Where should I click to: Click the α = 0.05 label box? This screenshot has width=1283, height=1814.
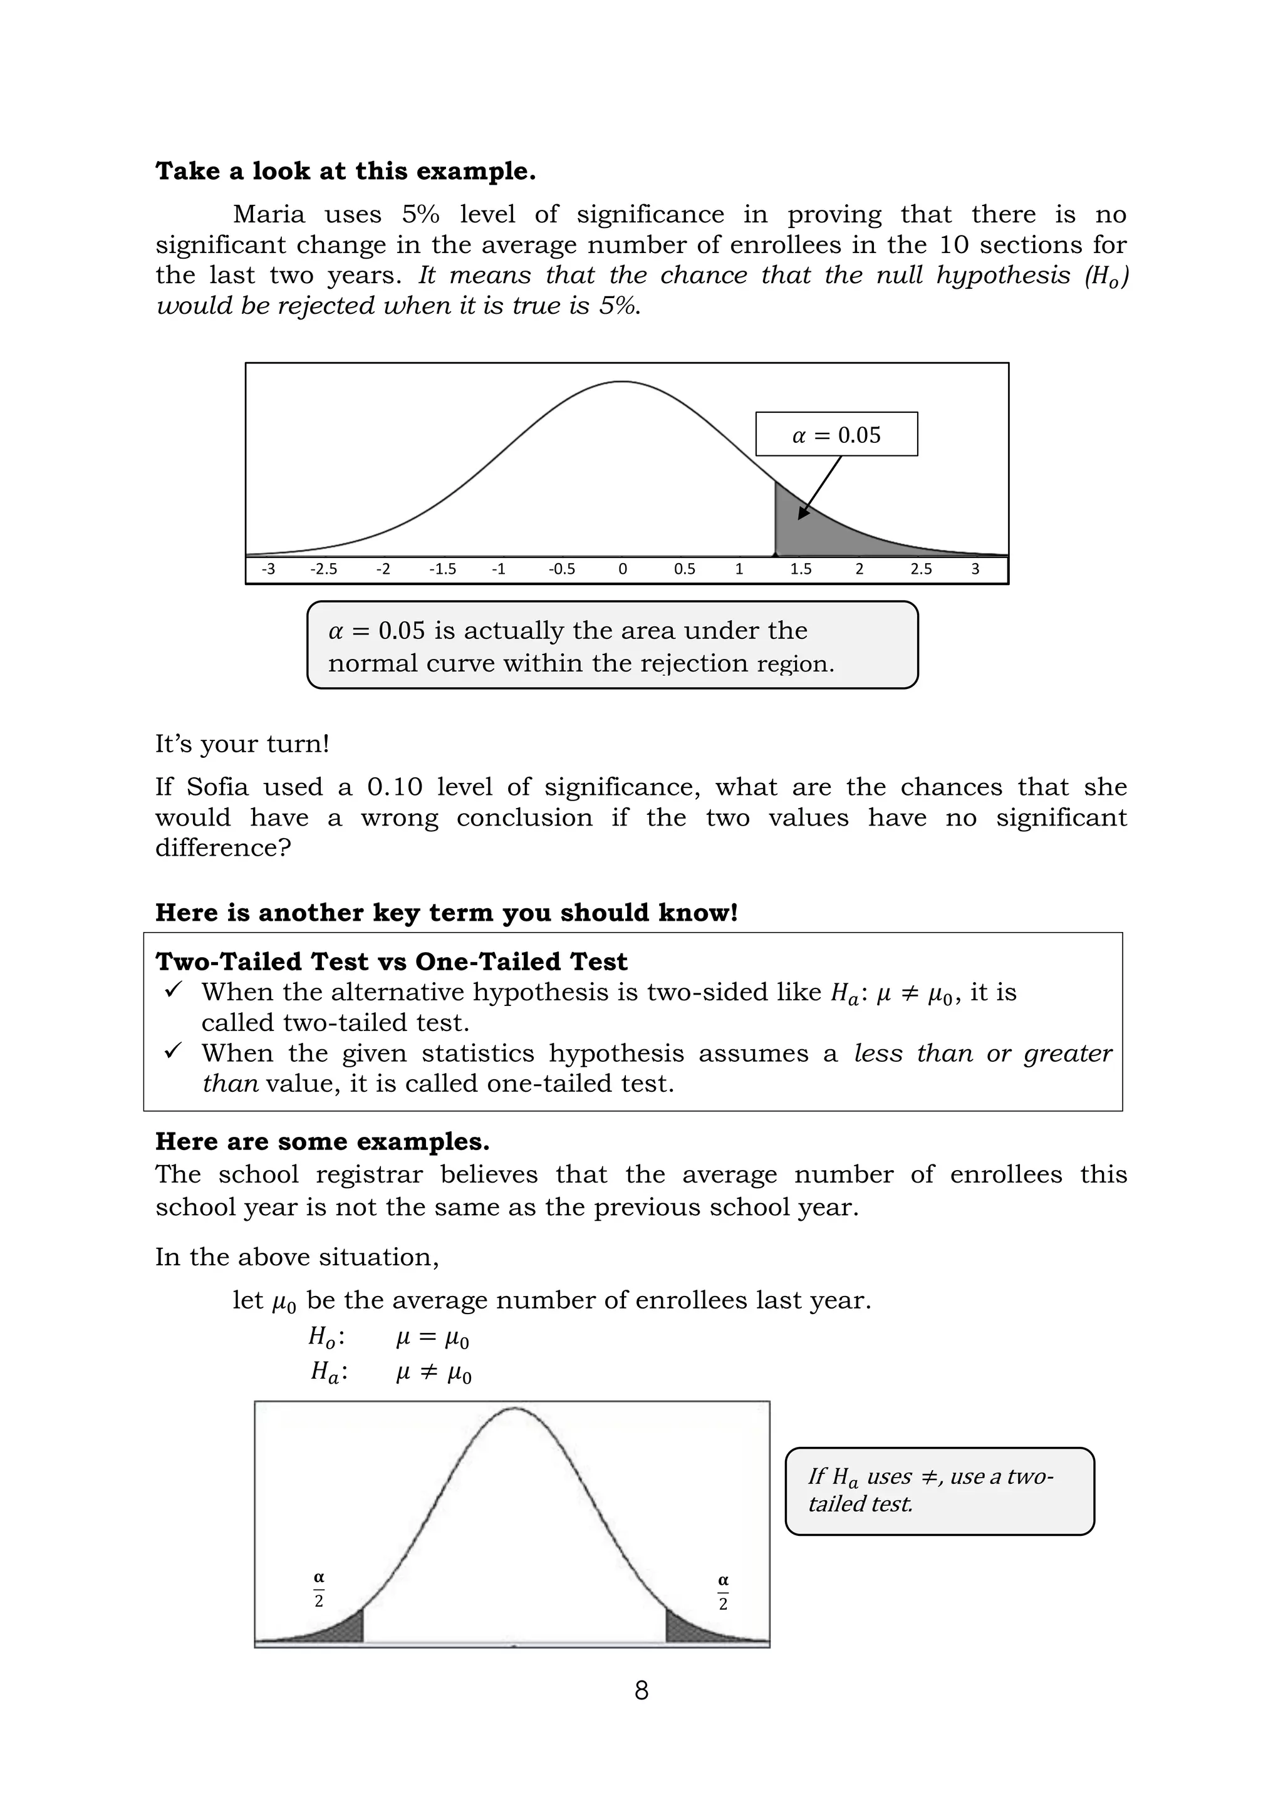[836, 435]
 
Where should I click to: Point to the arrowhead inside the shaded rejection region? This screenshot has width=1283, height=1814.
[803, 514]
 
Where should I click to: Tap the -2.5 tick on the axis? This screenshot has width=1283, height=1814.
[323, 569]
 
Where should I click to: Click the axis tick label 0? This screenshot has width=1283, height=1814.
[623, 569]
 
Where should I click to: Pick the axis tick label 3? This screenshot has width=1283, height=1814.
[975, 569]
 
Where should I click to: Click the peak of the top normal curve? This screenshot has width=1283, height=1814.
[623, 382]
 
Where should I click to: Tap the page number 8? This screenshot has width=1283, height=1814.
[641, 1691]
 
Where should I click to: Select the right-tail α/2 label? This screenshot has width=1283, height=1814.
[723, 1591]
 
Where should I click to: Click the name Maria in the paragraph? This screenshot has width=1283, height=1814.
[269, 215]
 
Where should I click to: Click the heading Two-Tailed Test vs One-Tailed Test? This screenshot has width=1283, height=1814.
[391, 961]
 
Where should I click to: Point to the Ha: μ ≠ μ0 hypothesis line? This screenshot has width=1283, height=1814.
[391, 1372]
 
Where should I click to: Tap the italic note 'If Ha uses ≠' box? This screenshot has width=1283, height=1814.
[939, 1491]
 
